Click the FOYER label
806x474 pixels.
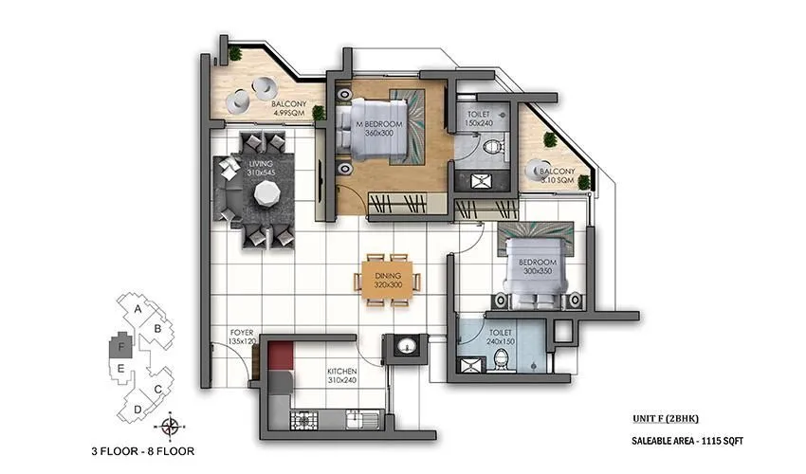point(242,333)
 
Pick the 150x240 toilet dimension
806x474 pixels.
point(480,122)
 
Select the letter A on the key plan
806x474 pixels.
point(138,309)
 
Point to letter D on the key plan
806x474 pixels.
point(137,409)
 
